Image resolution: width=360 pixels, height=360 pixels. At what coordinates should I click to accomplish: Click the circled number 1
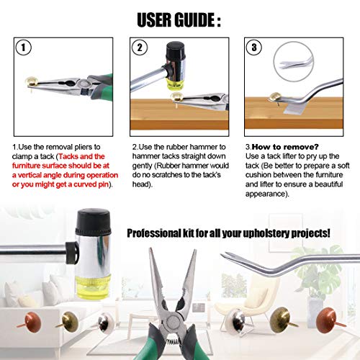coord(23,48)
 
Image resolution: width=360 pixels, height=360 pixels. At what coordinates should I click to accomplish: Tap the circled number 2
coord(140,48)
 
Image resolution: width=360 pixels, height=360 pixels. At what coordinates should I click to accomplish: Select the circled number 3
coord(254,48)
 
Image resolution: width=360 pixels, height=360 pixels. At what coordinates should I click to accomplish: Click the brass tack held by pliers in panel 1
coord(32,82)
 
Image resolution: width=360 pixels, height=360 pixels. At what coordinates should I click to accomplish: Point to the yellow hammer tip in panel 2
coord(176,85)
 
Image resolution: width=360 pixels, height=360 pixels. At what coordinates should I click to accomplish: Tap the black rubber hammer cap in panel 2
coord(176,51)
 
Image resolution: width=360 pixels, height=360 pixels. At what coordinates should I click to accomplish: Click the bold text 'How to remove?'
coord(285,147)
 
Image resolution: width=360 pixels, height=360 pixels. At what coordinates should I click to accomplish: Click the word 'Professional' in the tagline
coord(153,233)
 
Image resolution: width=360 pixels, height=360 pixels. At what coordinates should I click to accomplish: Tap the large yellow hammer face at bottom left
coord(93,287)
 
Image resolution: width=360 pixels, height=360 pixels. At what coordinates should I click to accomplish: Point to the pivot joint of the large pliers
coord(173,321)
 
